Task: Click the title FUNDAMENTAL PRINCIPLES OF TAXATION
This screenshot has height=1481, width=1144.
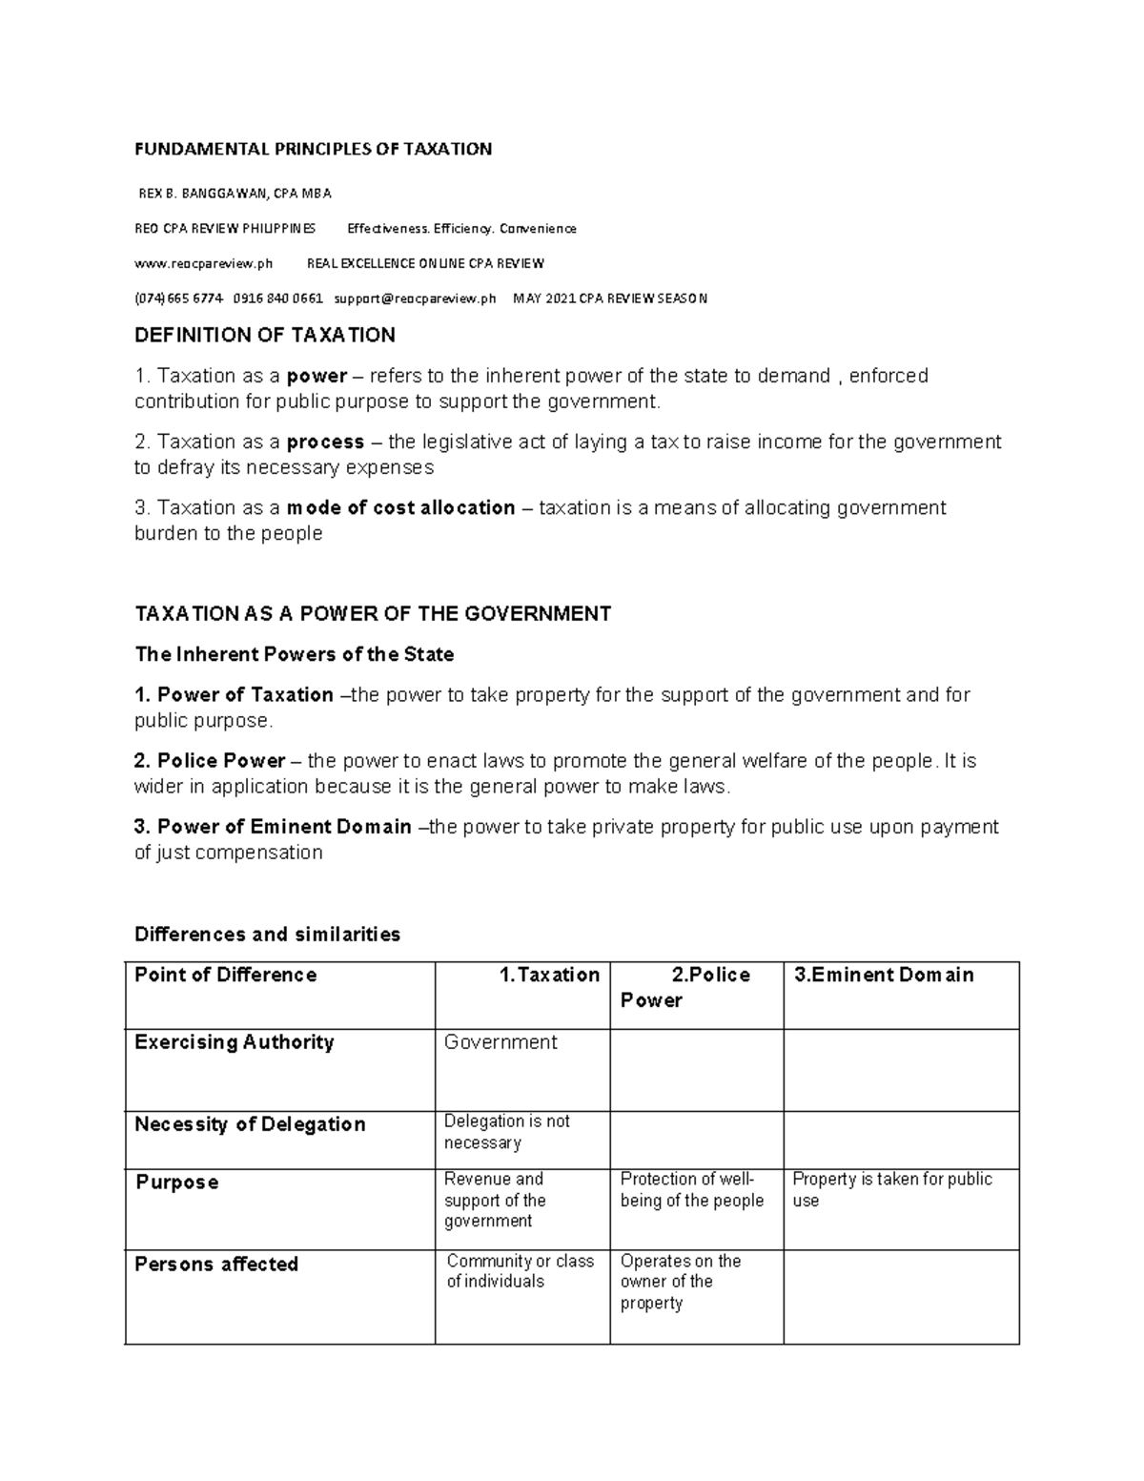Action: [313, 149]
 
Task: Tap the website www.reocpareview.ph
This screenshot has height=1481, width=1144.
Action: [203, 263]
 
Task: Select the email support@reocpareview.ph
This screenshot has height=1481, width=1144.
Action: [415, 298]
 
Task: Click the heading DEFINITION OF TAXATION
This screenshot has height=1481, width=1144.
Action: [265, 335]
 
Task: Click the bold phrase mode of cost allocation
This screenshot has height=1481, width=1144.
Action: [400, 507]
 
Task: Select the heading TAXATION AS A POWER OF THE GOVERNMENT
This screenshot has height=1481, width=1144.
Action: [373, 613]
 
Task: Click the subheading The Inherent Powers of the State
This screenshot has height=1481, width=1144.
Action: [294, 654]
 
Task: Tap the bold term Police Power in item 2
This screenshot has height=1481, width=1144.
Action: [221, 761]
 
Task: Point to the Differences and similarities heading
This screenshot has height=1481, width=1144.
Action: [267, 934]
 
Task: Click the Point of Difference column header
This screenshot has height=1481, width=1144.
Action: [225, 975]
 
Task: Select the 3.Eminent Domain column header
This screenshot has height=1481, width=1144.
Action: [884, 975]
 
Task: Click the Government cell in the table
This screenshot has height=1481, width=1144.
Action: [500, 1042]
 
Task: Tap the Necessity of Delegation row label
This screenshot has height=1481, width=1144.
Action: [250, 1124]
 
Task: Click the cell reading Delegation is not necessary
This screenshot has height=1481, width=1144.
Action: [506, 1132]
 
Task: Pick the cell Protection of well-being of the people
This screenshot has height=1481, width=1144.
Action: [691, 1190]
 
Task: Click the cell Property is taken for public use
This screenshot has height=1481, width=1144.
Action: [891, 1189]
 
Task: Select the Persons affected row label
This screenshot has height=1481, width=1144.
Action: [216, 1265]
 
